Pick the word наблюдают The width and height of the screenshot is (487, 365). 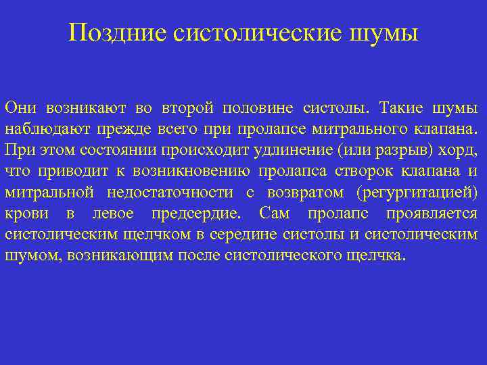pos(42,129)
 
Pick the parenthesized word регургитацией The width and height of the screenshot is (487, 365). pos(415,193)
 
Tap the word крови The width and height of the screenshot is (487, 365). pos(26,214)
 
